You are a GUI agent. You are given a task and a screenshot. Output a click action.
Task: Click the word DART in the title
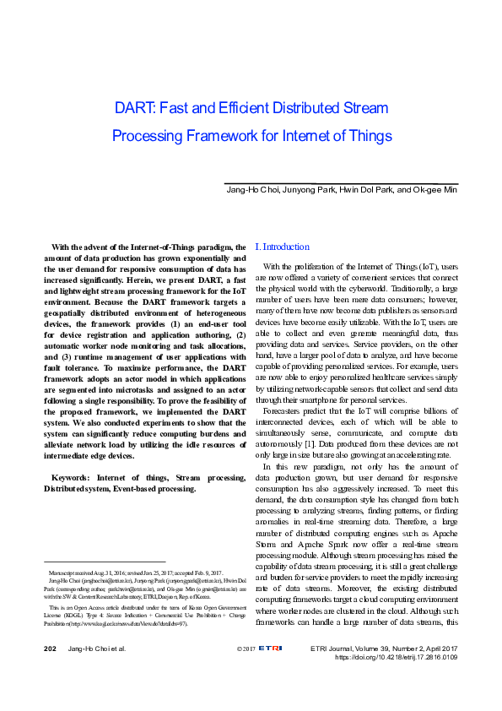pyautogui.click(x=132, y=108)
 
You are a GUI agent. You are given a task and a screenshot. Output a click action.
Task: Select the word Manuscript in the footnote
pyautogui.click(x=66, y=573)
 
